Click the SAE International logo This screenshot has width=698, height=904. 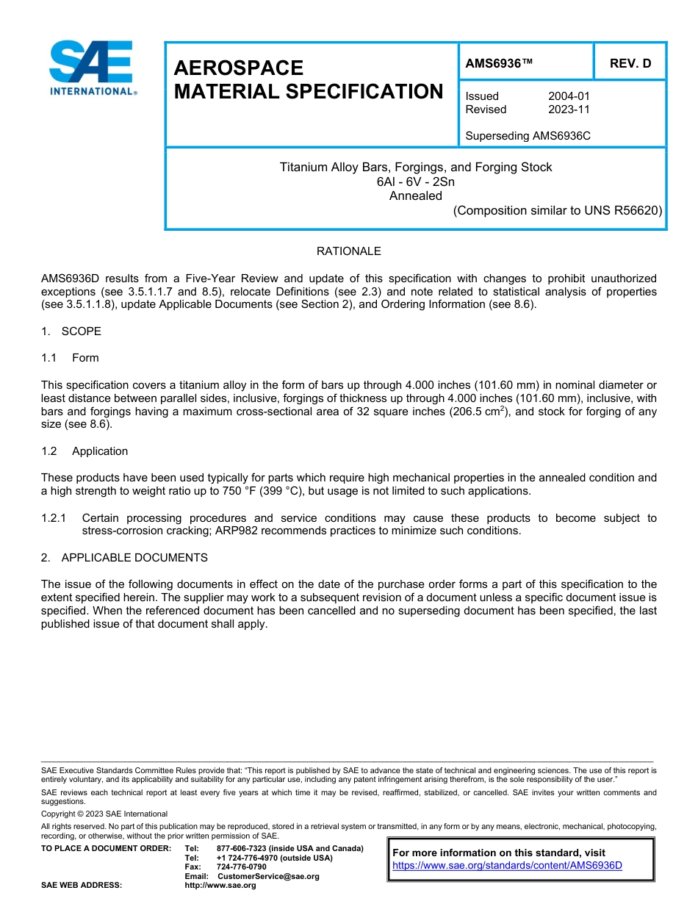(x=92, y=68)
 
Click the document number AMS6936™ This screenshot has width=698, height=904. (x=500, y=64)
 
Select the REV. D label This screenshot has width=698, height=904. (x=630, y=64)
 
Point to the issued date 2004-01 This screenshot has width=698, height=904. (x=569, y=96)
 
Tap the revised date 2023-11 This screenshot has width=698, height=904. (x=569, y=110)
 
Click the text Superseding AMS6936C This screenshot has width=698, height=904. (x=528, y=136)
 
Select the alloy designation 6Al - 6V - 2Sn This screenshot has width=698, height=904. (x=415, y=182)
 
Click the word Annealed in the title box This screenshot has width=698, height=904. (x=415, y=195)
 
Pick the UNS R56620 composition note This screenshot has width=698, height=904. (x=558, y=210)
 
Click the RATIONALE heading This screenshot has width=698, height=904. (x=348, y=251)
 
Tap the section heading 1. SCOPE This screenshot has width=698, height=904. (x=71, y=331)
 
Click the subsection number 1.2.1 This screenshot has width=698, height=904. (x=54, y=518)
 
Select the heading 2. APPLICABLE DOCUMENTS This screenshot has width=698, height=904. (x=124, y=558)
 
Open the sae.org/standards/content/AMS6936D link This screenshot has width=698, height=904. (x=507, y=865)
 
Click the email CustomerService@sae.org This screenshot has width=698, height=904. (x=268, y=876)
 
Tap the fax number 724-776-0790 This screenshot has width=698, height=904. (x=242, y=867)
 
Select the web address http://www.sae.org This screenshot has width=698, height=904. (x=220, y=886)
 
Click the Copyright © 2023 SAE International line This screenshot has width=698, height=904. (x=104, y=814)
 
